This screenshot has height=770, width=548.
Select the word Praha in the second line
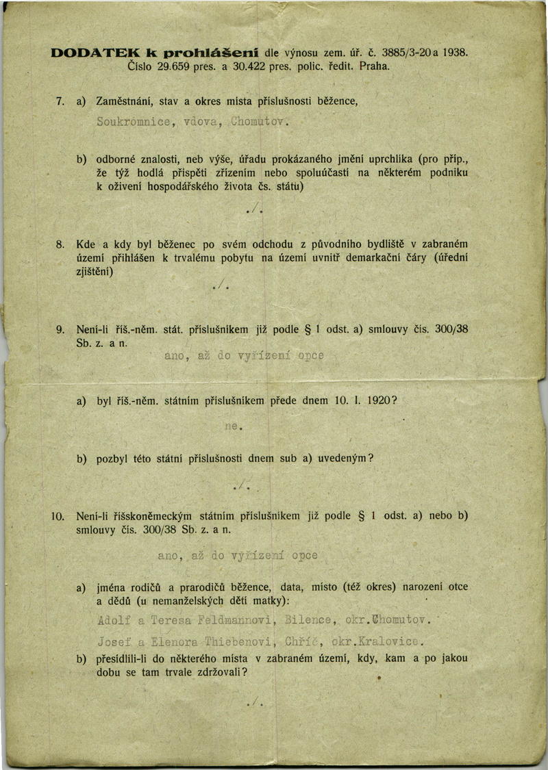click(374, 66)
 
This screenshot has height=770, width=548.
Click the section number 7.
click(60, 102)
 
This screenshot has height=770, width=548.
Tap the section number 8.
click(60, 244)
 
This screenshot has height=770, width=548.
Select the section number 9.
click(60, 329)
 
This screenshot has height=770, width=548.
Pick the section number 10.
click(58, 515)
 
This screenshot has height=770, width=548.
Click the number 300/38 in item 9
click(451, 329)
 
